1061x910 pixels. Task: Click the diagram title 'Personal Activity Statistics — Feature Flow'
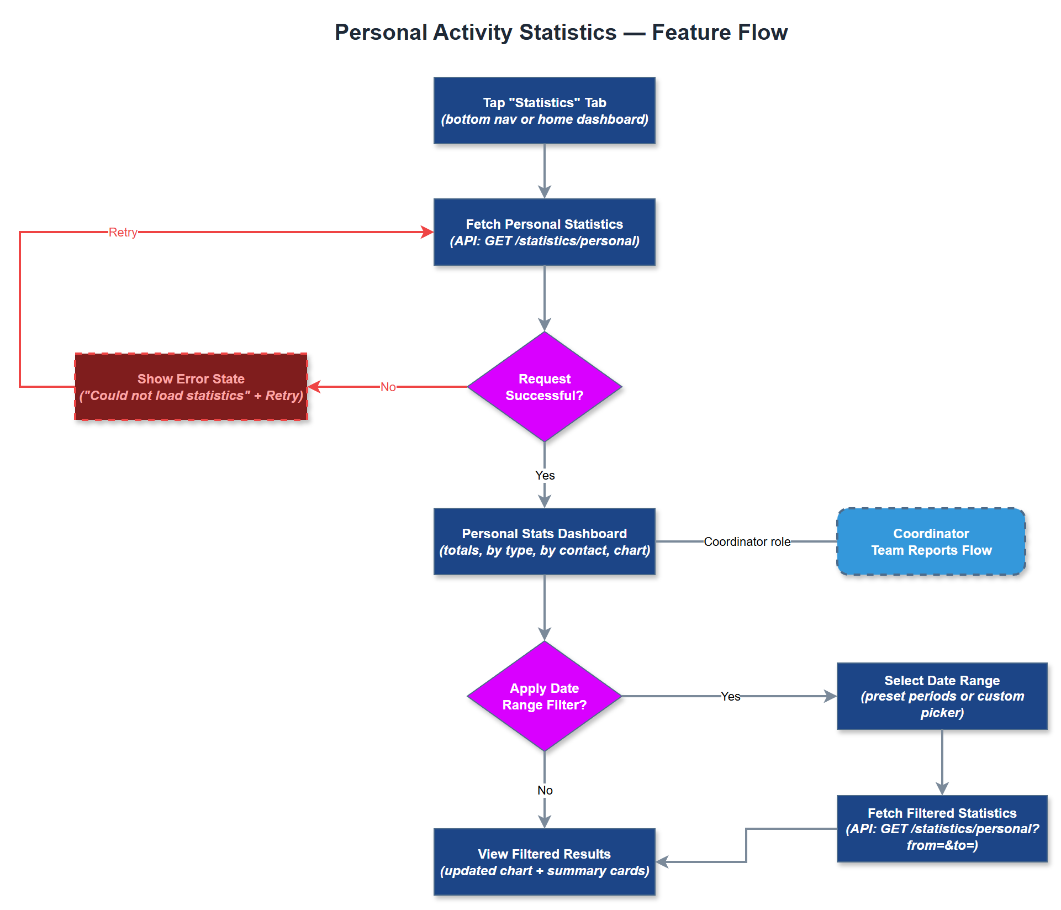tap(561, 33)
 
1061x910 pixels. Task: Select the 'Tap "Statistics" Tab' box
tap(544, 111)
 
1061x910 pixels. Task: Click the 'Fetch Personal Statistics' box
tap(544, 232)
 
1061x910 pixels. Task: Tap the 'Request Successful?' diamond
tap(544, 387)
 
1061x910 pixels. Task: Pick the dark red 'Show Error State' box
tap(191, 387)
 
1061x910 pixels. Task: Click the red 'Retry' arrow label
tap(123, 232)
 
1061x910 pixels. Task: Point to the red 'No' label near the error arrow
tap(388, 387)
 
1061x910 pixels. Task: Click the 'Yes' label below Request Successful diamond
tap(545, 475)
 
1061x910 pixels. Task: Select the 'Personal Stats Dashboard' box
tap(544, 541)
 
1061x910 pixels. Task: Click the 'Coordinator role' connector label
tap(747, 541)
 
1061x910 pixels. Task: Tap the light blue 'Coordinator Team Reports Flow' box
tap(931, 541)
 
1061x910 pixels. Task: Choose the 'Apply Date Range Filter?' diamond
tap(544, 696)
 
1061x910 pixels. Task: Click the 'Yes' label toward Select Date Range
tap(730, 696)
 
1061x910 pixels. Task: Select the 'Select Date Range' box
tap(942, 696)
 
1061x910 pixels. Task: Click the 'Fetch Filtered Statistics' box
tap(942, 829)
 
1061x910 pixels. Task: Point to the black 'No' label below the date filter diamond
tap(545, 790)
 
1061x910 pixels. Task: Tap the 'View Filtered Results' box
tap(544, 862)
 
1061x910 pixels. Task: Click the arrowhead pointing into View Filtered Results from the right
tap(662, 862)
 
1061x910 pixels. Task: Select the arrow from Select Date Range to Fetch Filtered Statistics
tap(942, 762)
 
